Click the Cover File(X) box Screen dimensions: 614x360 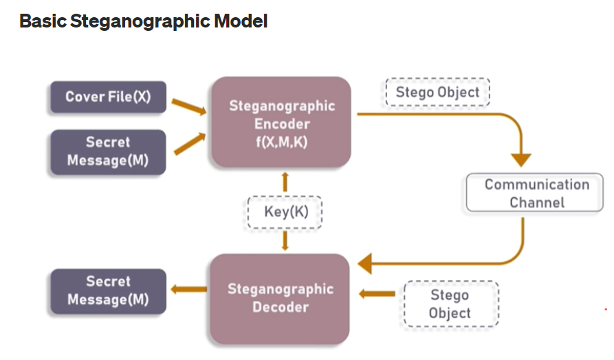(109, 97)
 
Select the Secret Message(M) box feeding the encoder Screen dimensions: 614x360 (108, 152)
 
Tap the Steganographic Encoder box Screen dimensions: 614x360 (281, 122)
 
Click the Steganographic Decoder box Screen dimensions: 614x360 (280, 299)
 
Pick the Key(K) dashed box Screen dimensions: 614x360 (285, 212)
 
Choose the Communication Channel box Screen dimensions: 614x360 (535, 192)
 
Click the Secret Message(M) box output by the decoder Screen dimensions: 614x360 (109, 291)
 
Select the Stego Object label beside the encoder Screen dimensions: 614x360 (437, 92)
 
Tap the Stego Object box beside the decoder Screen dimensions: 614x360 (451, 304)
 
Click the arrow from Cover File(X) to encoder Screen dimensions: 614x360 (189, 106)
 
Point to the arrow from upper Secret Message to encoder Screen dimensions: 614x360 (190, 143)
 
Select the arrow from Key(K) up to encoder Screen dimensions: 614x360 (285, 182)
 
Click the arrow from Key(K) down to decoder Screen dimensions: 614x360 (285, 240)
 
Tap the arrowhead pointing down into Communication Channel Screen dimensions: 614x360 (521, 159)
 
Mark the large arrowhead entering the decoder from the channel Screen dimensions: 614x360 (365, 263)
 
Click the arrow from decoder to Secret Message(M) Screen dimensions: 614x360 (189, 289)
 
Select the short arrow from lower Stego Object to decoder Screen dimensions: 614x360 (377, 293)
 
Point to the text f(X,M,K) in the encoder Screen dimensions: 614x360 (281, 142)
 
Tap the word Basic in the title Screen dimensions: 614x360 (43, 21)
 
